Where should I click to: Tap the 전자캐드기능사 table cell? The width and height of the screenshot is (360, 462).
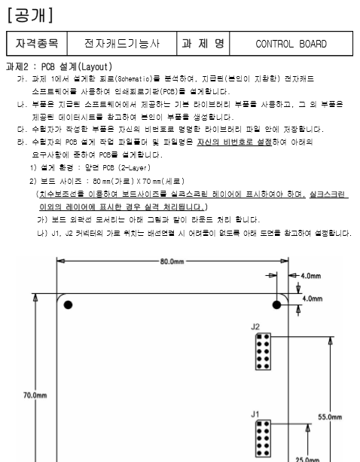[x=121, y=44]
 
